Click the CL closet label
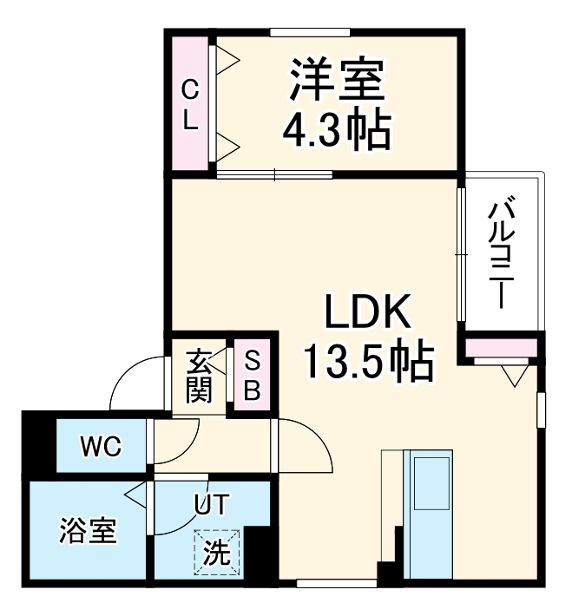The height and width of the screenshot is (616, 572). pos(190,103)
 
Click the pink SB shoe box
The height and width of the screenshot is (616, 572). pos(252,376)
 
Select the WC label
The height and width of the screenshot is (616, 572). pos(100,447)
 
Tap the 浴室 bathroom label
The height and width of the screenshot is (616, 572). pos(88,530)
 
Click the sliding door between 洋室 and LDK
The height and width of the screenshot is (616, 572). pos(274,174)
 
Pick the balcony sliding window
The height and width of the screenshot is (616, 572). pos(461,255)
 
